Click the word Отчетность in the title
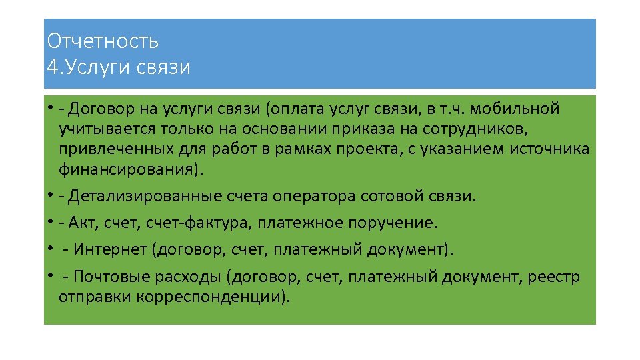[x=103, y=41]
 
